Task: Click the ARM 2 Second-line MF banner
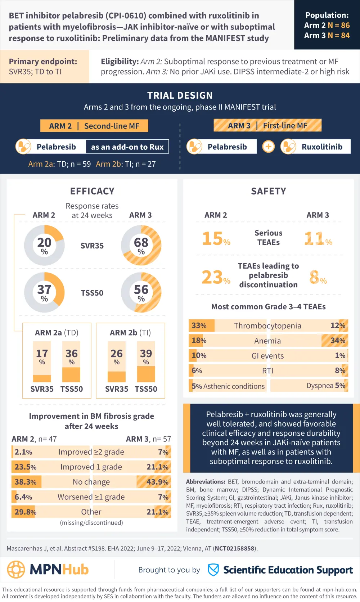pos(94,126)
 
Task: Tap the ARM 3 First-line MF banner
pos(267,125)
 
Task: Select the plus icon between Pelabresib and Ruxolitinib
pos(268,147)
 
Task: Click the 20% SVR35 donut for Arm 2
pos(44,245)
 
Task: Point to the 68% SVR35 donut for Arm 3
pos(141,245)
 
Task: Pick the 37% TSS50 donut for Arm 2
pos(44,292)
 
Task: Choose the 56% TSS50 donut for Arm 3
pos(141,292)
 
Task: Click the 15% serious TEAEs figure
pos(216,239)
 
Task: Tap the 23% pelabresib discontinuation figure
pos(216,277)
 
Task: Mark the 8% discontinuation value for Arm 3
pos(318,277)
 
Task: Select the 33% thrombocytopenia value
pos(199,325)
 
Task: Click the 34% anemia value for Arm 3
pos(338,340)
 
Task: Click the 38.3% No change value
pos(26,482)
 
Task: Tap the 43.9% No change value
pos(157,482)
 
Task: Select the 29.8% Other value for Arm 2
pos(26,512)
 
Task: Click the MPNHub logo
pos(48,569)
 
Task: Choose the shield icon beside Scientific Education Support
pos(213,570)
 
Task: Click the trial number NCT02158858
pos(235,548)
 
